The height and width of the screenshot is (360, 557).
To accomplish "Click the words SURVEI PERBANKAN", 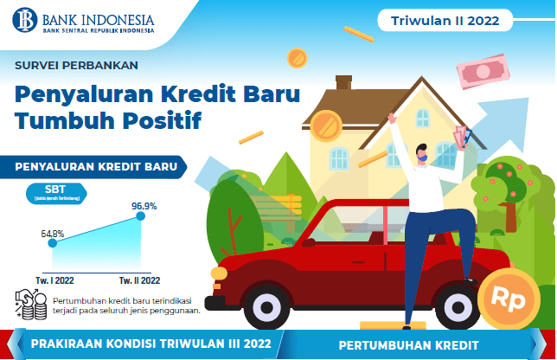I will (76, 63).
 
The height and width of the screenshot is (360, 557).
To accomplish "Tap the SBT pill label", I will (54, 190).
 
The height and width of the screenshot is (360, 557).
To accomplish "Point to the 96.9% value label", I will (144, 206).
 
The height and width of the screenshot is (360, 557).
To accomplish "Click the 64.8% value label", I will (53, 232).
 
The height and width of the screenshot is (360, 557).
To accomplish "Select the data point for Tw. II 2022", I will (141, 217).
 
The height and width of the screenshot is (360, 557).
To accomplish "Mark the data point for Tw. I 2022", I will (53, 243).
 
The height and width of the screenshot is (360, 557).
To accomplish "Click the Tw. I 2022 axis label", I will (53, 280).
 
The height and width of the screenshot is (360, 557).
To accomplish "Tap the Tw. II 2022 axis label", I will (139, 280).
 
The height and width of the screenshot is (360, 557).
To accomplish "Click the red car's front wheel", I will (262, 306).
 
